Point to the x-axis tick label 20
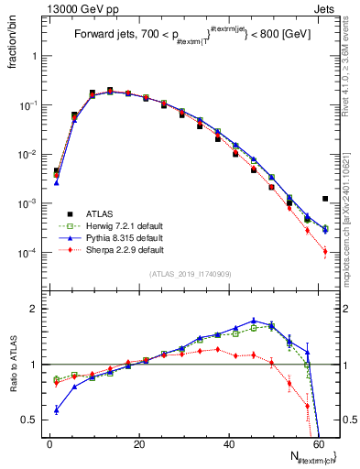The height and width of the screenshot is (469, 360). click(x=139, y=444)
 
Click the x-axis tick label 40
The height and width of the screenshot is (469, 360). click(x=229, y=444)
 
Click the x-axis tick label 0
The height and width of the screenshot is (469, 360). click(x=49, y=444)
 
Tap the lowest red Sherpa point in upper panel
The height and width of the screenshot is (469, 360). click(x=325, y=251)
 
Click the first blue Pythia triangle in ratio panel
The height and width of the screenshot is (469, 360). click(x=57, y=409)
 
